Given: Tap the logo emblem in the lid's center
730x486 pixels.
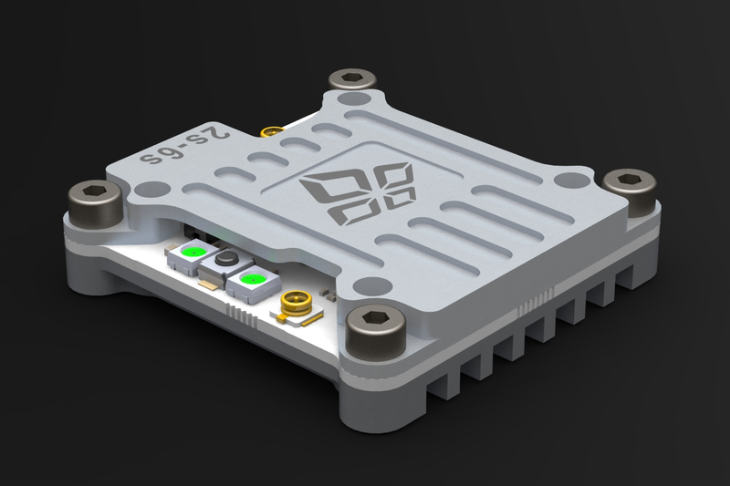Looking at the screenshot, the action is pyautogui.click(x=359, y=193).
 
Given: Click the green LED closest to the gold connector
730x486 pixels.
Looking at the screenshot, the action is pyautogui.click(x=253, y=280).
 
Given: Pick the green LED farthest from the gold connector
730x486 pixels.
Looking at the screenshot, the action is pyautogui.click(x=193, y=252).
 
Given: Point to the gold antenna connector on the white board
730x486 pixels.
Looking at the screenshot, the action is pyautogui.click(x=296, y=304).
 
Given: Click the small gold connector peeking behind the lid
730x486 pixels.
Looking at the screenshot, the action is pyautogui.click(x=271, y=131).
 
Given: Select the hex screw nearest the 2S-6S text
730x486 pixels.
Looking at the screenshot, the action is pyautogui.click(x=96, y=199).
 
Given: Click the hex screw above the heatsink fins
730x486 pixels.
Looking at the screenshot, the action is pyautogui.click(x=630, y=190).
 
